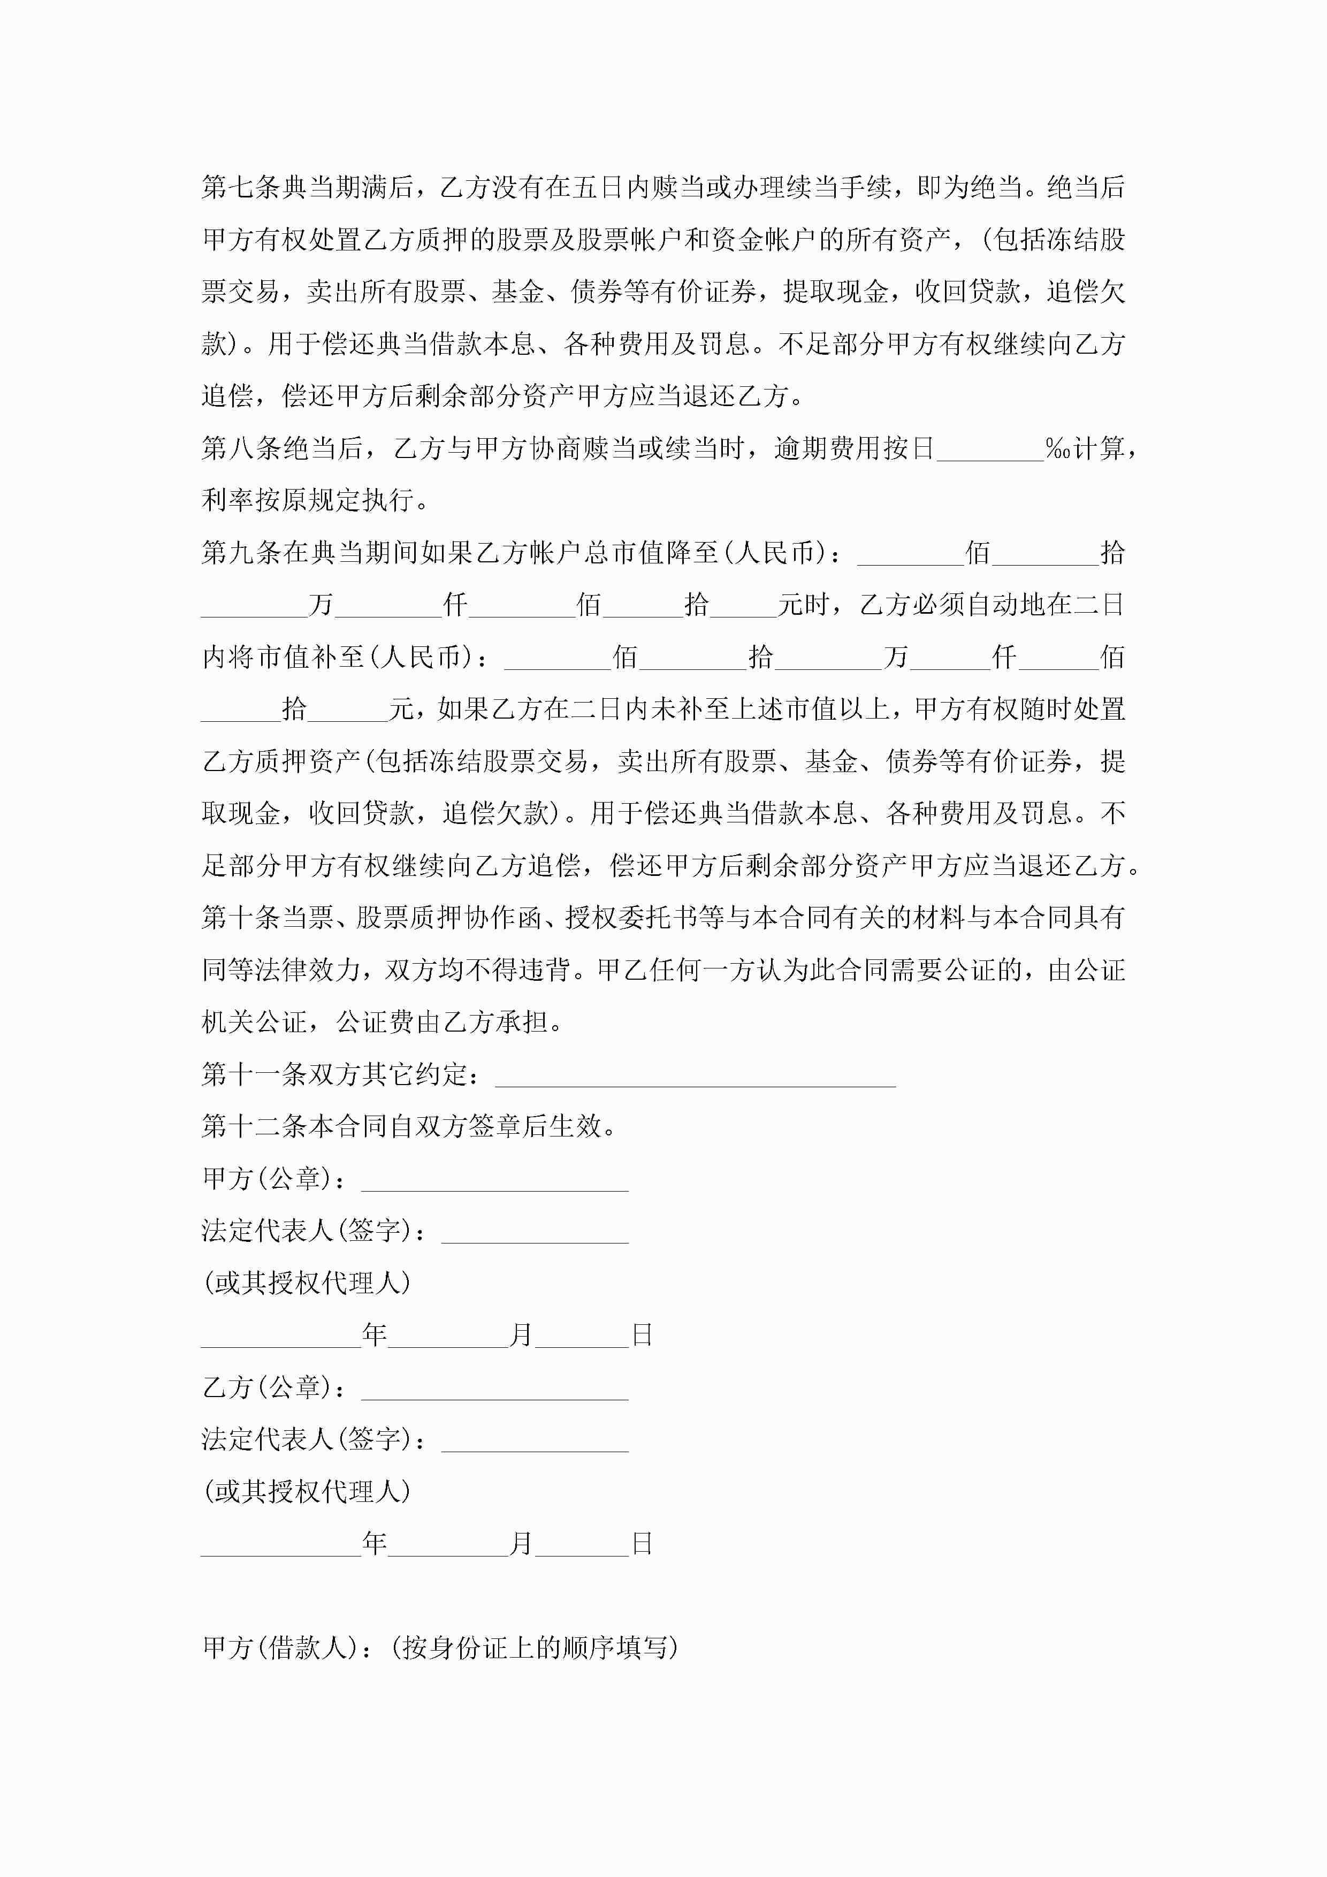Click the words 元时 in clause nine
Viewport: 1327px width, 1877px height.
tap(804, 606)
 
